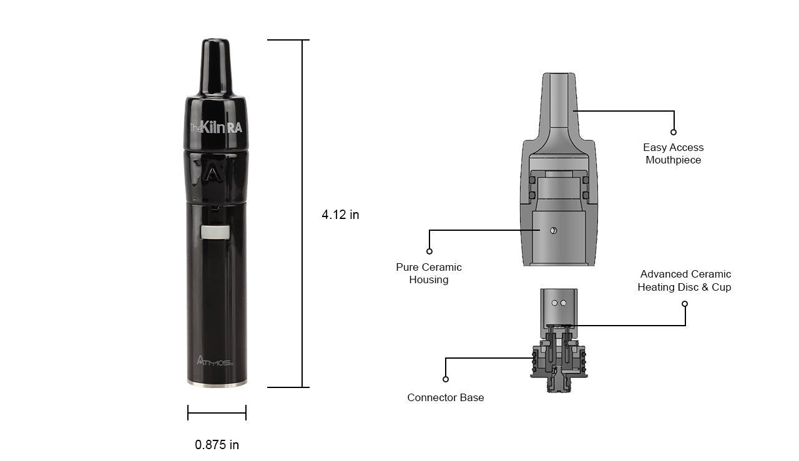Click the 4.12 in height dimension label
(340, 215)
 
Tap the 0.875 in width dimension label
(217, 445)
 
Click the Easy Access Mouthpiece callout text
(673, 153)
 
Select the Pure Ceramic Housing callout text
(429, 273)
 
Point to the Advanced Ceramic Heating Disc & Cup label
(685, 281)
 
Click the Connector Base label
(446, 397)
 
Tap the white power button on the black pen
(215, 232)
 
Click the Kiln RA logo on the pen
(216, 127)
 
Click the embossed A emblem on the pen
(213, 174)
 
